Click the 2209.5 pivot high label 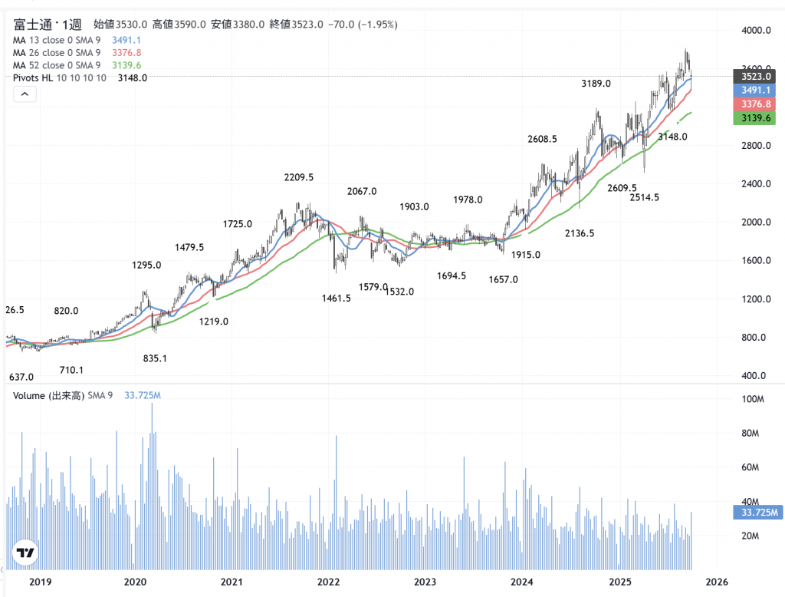point(299,177)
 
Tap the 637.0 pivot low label point(21,378)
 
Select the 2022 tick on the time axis point(329,582)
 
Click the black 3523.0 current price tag point(754,76)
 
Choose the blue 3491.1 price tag point(754,90)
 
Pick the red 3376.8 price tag point(754,104)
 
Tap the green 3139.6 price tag point(754,118)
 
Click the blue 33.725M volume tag point(758,513)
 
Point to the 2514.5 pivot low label point(644,198)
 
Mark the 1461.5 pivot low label point(337,298)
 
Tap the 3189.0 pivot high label point(596,83)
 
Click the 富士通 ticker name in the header point(31,25)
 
